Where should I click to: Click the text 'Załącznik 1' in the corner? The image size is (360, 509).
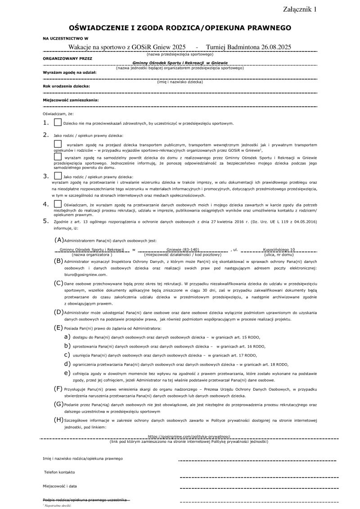pyautogui.click(x=300, y=9)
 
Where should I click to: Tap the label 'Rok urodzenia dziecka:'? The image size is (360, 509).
pyautogui.click(x=66, y=86)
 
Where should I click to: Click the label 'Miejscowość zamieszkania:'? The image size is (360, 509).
pyautogui.click(x=71, y=99)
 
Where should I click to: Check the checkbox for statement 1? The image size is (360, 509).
pyautogui.click(x=58, y=122)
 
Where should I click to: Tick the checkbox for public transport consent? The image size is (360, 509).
pyautogui.click(x=58, y=144)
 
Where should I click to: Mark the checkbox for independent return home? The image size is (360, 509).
pyautogui.click(x=58, y=157)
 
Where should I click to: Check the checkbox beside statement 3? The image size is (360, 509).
pyautogui.click(x=58, y=176)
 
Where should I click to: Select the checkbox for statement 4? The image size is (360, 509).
pyautogui.click(x=58, y=204)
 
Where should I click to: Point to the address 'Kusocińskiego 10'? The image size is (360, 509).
pyautogui.click(x=279, y=249)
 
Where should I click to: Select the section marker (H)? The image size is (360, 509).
pyautogui.click(x=58, y=419)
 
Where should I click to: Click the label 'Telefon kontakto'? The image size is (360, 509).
pyautogui.click(x=59, y=472)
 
